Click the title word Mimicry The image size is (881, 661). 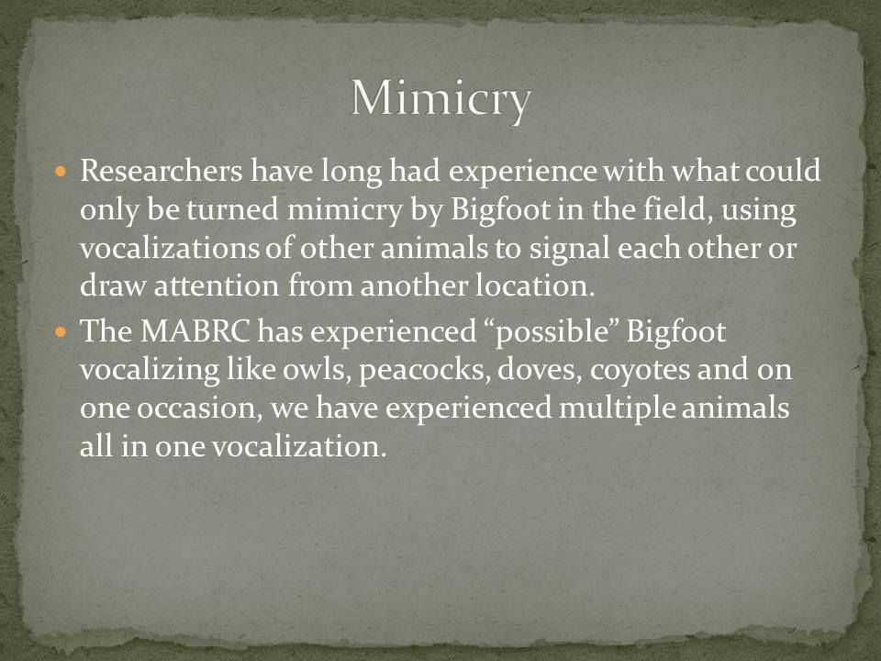tap(440, 99)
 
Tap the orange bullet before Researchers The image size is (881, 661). tap(61, 171)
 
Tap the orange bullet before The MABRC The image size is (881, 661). tap(61, 331)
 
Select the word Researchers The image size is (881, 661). tap(162, 171)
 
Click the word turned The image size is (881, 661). tap(232, 209)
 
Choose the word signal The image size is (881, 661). tap(569, 249)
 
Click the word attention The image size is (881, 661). tap(216, 286)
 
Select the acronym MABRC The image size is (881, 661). tap(195, 331)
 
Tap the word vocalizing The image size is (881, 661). tap(150, 370)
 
